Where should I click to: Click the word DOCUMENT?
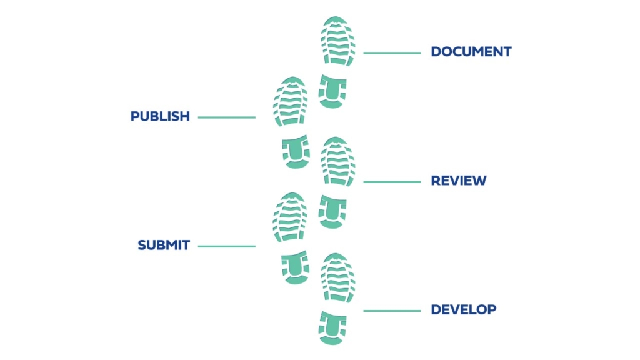[471, 52]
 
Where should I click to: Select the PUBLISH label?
[160, 116]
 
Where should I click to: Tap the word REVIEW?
[458, 181]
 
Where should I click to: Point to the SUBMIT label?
[164, 245]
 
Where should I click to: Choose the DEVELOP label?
[463, 309]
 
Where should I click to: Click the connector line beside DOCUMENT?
[392, 53]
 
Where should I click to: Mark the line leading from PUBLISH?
[227, 117]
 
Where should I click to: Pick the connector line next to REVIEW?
[392, 182]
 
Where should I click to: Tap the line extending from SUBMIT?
[227, 246]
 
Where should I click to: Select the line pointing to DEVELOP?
[392, 311]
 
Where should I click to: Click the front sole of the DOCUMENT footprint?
[338, 41]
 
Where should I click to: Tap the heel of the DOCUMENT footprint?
[332, 91]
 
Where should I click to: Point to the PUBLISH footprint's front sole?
[291, 101]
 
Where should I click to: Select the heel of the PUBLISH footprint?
[295, 151]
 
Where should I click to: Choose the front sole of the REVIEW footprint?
[338, 161]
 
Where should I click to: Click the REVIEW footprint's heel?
[332, 211]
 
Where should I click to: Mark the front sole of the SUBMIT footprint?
[291, 217]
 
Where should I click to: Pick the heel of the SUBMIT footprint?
[295, 267]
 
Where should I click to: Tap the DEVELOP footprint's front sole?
[338, 277]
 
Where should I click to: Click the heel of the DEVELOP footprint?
[332, 327]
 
